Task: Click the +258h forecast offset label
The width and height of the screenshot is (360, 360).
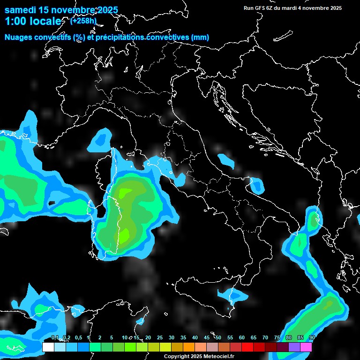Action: (83, 21)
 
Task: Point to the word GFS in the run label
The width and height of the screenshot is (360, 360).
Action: (260, 8)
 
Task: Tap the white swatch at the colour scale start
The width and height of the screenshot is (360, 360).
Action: (48, 347)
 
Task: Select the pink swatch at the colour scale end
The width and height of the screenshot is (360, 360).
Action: (306, 347)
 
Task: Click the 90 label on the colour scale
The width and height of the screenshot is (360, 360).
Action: (312, 338)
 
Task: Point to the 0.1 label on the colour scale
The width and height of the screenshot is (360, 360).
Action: (54, 338)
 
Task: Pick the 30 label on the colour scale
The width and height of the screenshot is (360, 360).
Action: (172, 338)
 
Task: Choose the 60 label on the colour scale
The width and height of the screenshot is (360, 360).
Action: (242, 338)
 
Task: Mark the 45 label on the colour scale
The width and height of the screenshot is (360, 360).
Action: (207, 338)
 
